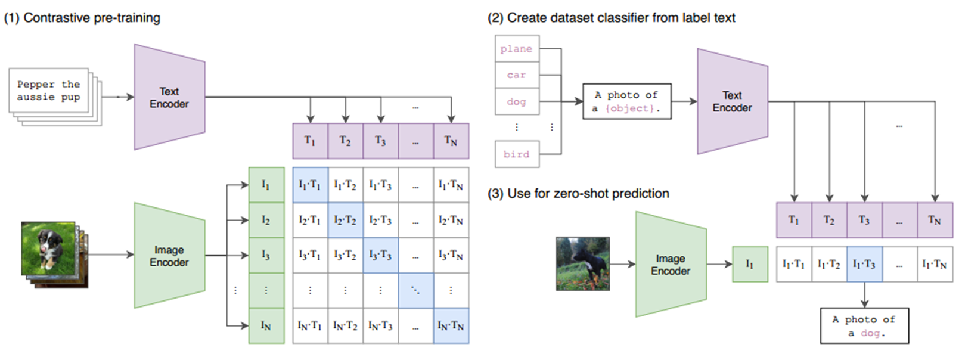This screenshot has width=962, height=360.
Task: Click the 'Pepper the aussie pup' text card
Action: (49, 91)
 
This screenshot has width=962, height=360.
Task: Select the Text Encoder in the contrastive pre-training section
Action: (169, 97)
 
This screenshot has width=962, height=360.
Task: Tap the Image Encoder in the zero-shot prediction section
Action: (671, 265)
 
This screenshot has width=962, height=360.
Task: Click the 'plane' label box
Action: (517, 49)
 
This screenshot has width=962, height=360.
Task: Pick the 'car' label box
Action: (517, 75)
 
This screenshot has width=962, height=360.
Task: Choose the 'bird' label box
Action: (517, 154)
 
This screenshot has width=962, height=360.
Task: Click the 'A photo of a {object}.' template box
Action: (626, 101)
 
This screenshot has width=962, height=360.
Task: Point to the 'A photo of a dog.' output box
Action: (864, 326)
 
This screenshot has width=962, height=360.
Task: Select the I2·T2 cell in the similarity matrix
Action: (345, 220)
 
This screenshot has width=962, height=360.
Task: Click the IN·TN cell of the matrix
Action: (451, 325)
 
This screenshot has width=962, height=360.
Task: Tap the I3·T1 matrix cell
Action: (310, 255)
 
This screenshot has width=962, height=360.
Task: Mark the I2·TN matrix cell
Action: (451, 220)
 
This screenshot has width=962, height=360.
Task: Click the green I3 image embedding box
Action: (266, 255)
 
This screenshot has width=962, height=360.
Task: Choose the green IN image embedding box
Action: (266, 325)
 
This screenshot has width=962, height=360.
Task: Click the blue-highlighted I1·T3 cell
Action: (864, 264)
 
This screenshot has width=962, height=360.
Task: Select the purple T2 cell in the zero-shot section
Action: (829, 220)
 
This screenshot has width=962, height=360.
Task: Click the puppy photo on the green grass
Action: (48, 249)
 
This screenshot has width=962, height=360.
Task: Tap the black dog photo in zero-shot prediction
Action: (582, 264)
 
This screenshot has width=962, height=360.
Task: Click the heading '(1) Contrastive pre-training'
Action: (82, 18)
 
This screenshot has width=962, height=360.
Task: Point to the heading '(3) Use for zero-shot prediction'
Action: (578, 194)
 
